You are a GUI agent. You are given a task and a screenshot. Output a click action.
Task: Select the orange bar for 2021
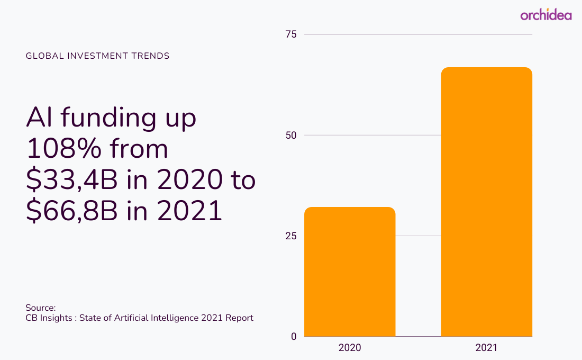click(x=486, y=202)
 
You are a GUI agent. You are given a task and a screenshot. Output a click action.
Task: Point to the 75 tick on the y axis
click(x=291, y=34)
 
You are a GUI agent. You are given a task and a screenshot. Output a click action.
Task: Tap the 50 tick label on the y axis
click(x=291, y=135)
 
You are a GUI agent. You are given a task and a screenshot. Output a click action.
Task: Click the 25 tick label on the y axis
click(x=291, y=236)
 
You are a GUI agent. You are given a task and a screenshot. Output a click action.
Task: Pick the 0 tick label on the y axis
click(x=294, y=337)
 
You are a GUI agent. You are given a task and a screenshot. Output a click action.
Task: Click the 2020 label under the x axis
click(x=350, y=348)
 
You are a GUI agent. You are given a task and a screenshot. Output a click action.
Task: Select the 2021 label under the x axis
click(x=486, y=348)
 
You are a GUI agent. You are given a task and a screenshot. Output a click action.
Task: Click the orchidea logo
click(x=545, y=15)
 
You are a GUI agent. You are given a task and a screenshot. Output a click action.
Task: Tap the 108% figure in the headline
click(x=63, y=149)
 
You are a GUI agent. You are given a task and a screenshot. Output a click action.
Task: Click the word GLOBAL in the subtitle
click(x=45, y=56)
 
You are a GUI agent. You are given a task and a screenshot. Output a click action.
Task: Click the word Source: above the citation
click(x=40, y=308)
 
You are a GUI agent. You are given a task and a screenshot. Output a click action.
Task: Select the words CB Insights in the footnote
click(x=49, y=318)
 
